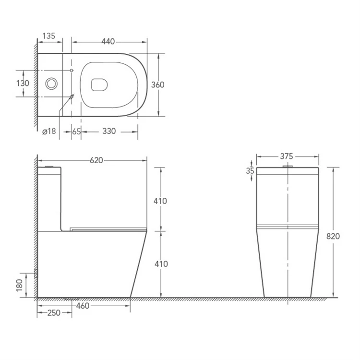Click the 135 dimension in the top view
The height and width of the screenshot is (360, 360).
point(49,36)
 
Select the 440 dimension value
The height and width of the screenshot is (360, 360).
point(108,42)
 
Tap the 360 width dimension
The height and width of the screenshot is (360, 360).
point(158,85)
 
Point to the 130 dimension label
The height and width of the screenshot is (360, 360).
point(23,83)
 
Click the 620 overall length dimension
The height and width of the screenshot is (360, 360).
point(96,160)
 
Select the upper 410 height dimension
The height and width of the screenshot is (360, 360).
point(160,201)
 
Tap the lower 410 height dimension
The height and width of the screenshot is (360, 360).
point(160,264)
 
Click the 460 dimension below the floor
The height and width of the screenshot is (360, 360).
point(83,305)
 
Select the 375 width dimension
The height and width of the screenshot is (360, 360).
point(287,156)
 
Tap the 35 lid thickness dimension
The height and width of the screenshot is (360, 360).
point(250,171)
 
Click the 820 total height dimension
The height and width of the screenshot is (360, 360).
point(333,236)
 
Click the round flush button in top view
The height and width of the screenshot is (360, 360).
point(51,84)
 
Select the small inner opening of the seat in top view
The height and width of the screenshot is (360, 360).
point(99,84)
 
